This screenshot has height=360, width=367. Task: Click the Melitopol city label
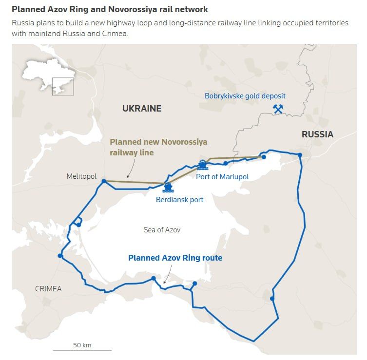coord(81,176)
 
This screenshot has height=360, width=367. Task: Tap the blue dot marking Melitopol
coord(104,181)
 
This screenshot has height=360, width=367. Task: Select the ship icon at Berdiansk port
coord(168,187)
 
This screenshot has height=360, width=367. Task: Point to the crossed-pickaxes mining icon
coord(278,109)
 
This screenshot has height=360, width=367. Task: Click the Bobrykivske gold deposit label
coord(245,96)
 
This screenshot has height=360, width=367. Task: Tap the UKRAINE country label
coord(141,109)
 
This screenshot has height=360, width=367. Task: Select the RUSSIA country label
coord(317,134)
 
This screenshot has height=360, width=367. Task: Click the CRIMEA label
coord(48,289)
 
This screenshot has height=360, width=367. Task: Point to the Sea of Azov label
coord(162,229)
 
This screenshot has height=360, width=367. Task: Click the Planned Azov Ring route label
coord(175,258)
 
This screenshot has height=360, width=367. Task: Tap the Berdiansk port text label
coord(179,199)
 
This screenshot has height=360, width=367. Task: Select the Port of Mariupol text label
coord(222,176)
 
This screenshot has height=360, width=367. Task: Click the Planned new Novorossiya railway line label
coord(158,147)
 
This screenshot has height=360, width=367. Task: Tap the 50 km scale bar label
coord(82,345)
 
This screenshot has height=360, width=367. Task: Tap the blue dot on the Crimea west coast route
coord(60,255)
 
